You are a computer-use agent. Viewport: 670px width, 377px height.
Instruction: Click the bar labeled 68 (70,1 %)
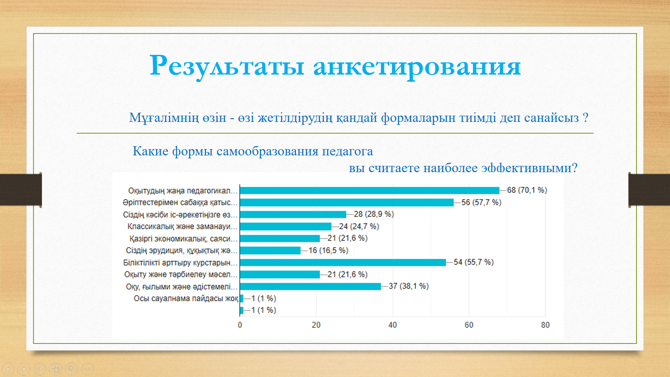[x=369, y=191]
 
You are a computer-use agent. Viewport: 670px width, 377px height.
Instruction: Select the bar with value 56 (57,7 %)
[x=347, y=203]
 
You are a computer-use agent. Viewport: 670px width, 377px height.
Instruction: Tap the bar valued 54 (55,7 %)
[x=343, y=263]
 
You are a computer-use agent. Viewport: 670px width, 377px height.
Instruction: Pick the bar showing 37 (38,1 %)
[x=310, y=287]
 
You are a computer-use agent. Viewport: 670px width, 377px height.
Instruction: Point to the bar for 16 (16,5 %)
[x=270, y=250]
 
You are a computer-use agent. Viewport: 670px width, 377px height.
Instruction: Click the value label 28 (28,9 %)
[x=374, y=214]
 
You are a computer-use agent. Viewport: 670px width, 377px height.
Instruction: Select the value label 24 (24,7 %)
[x=359, y=227]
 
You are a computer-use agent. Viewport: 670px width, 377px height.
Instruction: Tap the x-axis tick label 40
[x=392, y=325]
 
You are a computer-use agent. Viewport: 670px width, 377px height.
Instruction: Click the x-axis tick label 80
[x=545, y=325]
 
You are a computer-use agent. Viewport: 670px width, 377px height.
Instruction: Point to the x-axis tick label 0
[x=240, y=325]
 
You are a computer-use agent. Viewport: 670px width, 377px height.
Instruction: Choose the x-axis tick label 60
[x=469, y=325]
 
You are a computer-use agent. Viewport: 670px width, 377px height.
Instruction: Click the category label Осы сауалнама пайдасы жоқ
[x=186, y=299]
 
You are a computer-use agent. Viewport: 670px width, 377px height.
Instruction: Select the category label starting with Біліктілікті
[x=180, y=263]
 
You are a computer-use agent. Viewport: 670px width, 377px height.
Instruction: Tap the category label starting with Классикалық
[x=182, y=227]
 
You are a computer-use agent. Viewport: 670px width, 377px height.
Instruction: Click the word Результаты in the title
[x=227, y=66]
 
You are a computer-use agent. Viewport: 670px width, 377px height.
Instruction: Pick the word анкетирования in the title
[x=417, y=66]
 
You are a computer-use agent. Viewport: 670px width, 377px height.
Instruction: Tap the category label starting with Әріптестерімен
[x=180, y=203]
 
